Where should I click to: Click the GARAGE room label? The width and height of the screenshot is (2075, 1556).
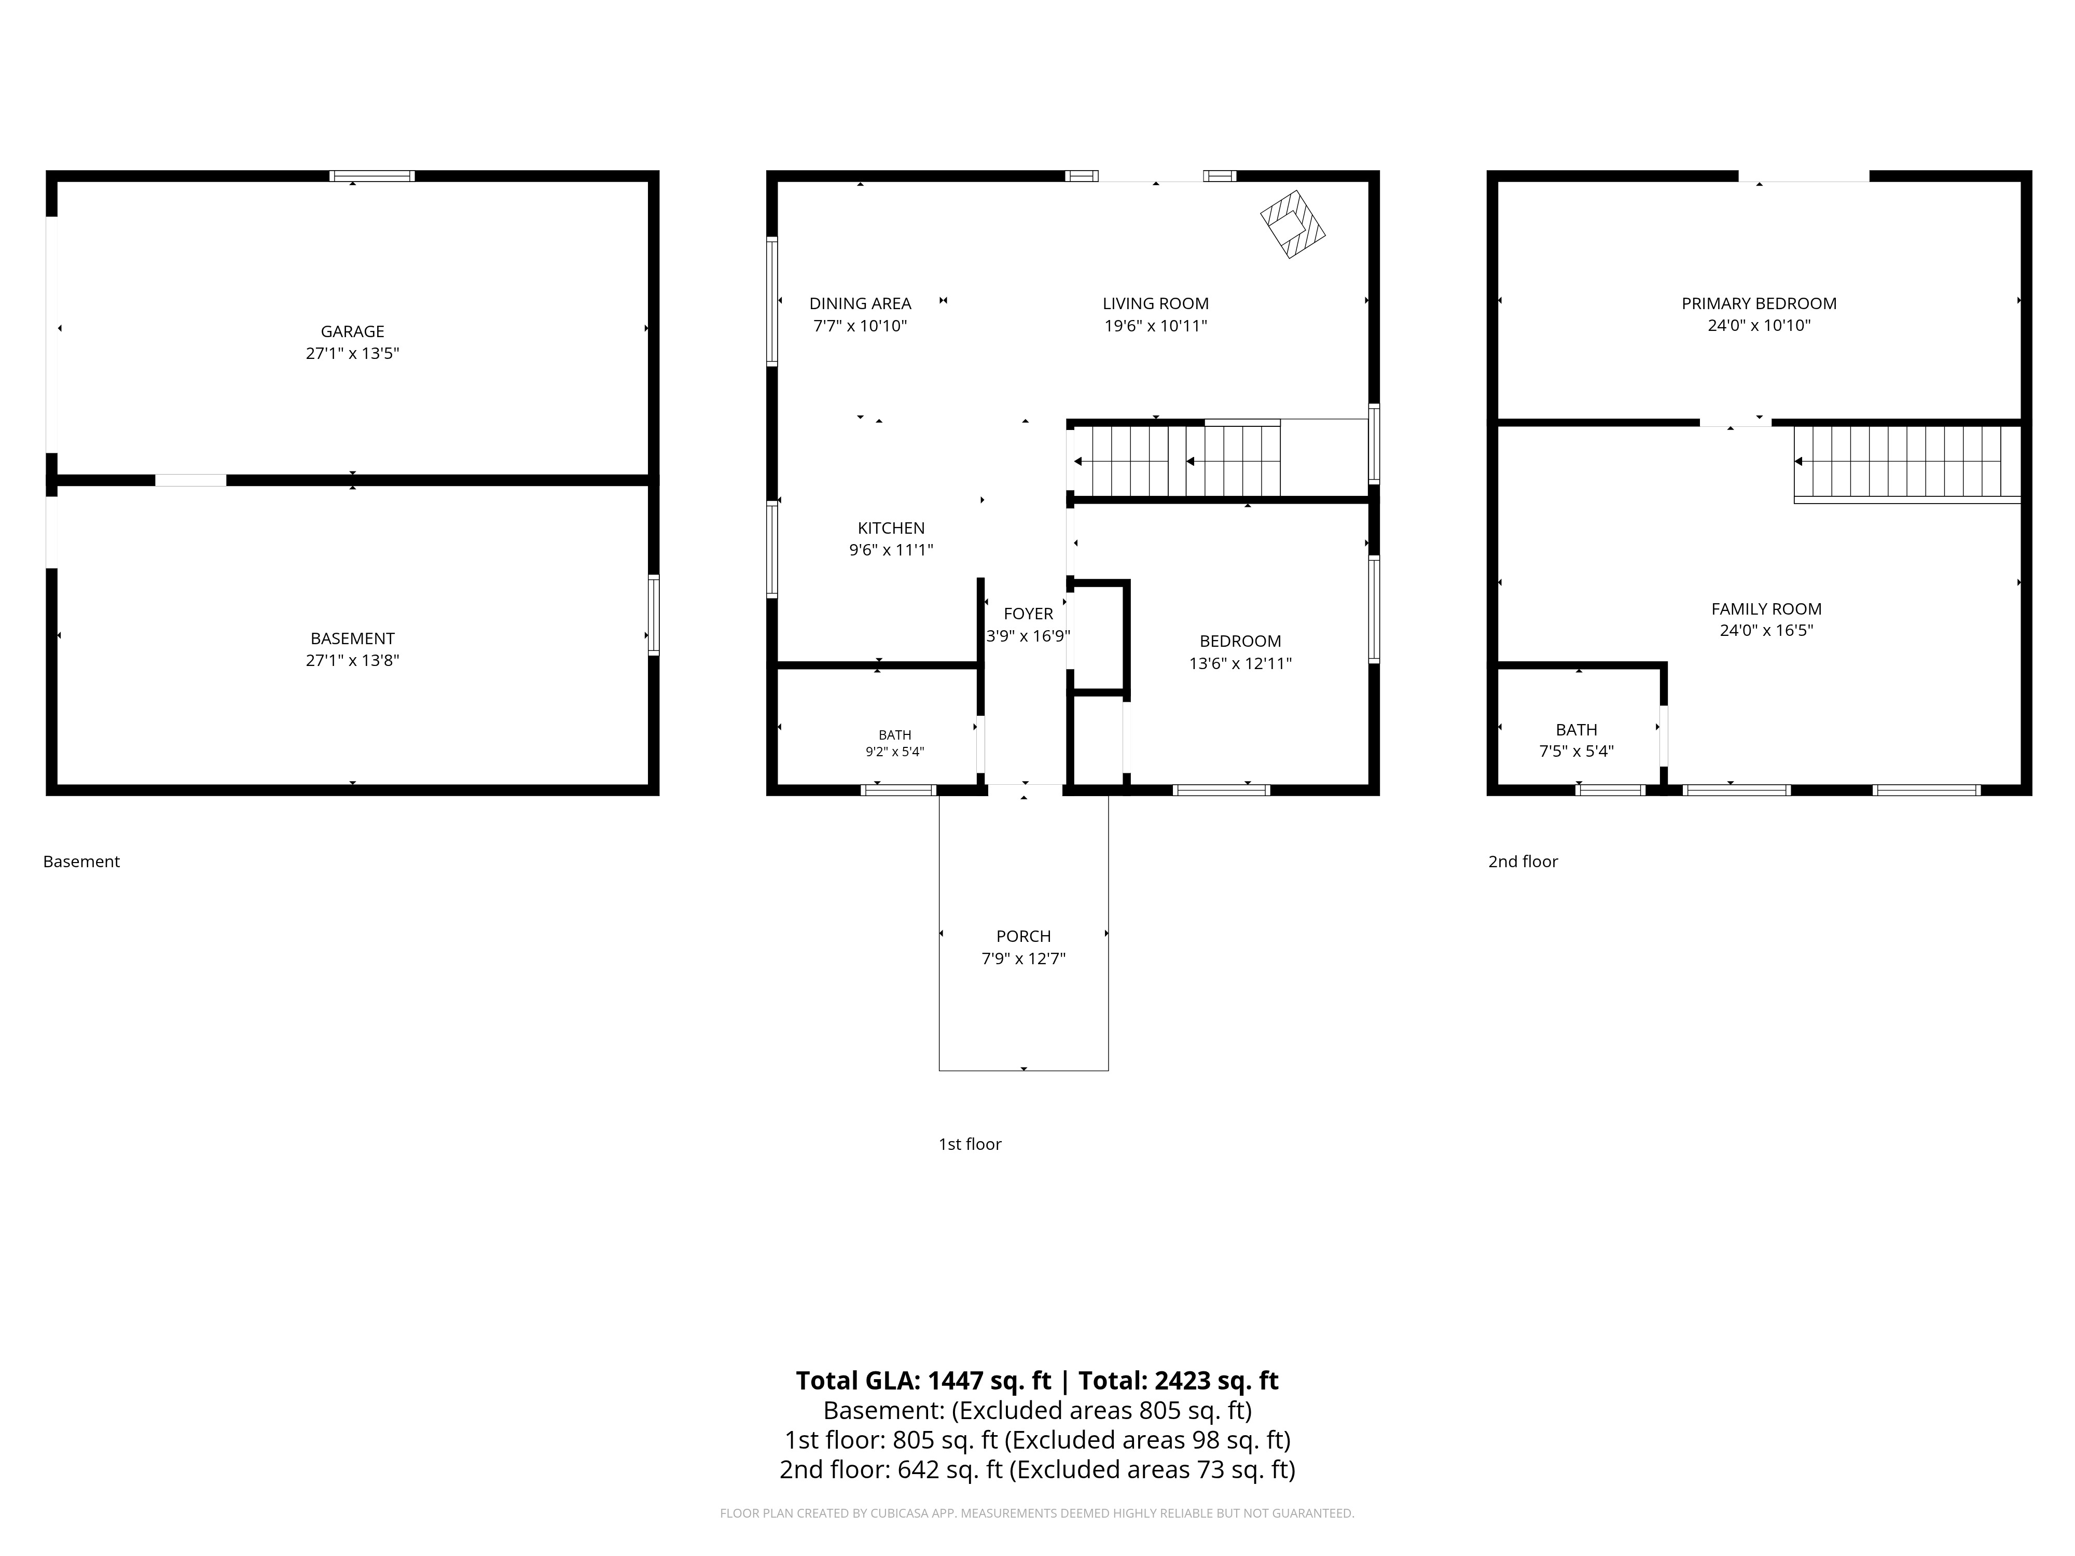[x=353, y=331]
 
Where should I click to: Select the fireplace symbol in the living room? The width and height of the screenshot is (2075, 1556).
[x=1293, y=224]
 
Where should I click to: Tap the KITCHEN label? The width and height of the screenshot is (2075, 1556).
[x=891, y=528]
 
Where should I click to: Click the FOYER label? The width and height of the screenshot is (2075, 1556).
[x=1028, y=614]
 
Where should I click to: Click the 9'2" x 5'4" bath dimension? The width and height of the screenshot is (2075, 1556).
[x=895, y=751]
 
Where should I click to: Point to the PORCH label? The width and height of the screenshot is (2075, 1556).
[x=1023, y=936]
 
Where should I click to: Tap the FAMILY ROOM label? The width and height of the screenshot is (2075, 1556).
[x=1766, y=609]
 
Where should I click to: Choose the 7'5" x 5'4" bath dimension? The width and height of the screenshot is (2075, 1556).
[x=1577, y=751]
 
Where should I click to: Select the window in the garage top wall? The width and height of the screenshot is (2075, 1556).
[x=371, y=175]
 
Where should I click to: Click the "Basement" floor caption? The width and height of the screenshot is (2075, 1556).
[x=81, y=861]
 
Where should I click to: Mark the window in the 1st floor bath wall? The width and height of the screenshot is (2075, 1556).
[x=898, y=790]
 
